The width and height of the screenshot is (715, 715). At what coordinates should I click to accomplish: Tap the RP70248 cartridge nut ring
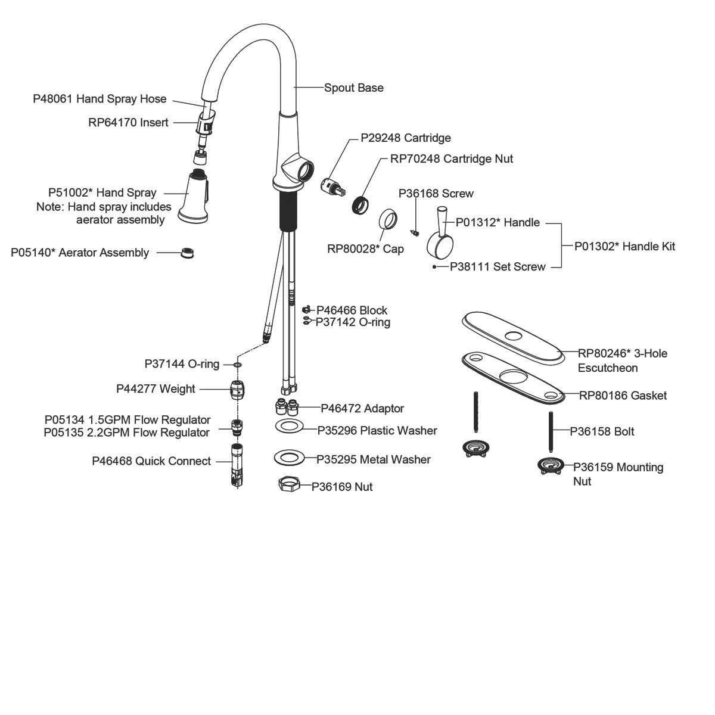pos(360,204)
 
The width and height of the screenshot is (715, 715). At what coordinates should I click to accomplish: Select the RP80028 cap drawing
pos(388,219)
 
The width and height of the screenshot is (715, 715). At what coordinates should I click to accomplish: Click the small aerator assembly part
pos(188,253)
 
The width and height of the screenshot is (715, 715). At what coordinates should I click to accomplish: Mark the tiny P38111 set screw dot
pos(435,267)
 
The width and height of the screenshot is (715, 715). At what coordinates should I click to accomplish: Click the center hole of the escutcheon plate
pos(512,334)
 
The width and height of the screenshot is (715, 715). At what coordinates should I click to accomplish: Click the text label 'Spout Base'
pos(353,88)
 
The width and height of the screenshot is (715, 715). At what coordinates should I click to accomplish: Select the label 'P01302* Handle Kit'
pos(624,246)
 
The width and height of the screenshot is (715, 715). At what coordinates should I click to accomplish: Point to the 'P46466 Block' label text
pos(352,310)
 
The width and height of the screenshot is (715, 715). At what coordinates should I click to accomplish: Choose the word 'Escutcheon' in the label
pos(608,368)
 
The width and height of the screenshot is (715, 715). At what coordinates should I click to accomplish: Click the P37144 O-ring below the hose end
pos(238,364)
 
